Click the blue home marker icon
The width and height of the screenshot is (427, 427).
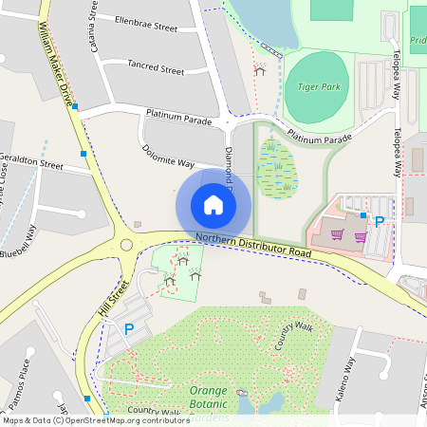tap(213, 204)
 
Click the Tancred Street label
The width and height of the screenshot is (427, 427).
tap(155, 68)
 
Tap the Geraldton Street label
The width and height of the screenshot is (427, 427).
tap(31, 161)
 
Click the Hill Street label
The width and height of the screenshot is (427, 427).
tap(113, 304)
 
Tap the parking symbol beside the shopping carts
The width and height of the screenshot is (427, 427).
tap(380, 222)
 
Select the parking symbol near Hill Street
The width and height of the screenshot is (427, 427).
tap(129, 329)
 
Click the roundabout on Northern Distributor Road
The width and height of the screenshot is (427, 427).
tap(126, 247)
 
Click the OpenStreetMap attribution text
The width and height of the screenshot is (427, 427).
tap(95, 420)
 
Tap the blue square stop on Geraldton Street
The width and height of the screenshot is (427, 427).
tap(84, 154)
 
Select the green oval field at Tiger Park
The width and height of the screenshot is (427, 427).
tap(317, 83)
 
